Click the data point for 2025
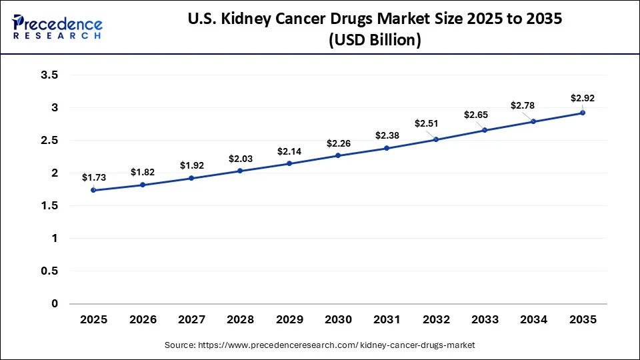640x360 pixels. (x=93, y=190)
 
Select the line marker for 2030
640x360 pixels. (x=338, y=155)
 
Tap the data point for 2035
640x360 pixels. (x=583, y=113)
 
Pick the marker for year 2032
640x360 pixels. (x=436, y=139)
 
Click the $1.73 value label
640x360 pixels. (x=93, y=177)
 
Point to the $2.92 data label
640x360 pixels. (x=583, y=98)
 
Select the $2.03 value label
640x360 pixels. (x=241, y=159)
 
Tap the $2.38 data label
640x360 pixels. (x=387, y=135)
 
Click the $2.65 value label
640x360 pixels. (x=476, y=115)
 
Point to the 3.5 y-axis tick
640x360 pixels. (x=49, y=75)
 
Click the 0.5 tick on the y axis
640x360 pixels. (x=49, y=271)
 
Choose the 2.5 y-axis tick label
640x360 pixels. (x=49, y=141)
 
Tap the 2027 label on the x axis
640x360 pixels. (x=191, y=319)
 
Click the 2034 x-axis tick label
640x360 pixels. (x=534, y=319)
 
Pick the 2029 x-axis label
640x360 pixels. (x=289, y=319)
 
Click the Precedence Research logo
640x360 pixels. (x=57, y=27)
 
